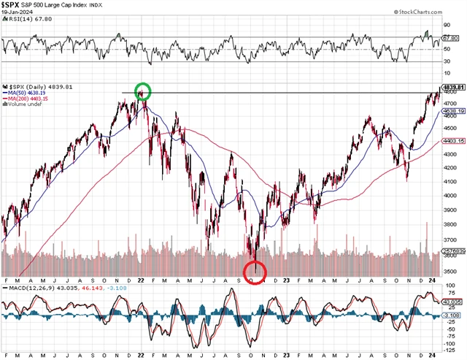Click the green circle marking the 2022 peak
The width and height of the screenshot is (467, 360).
pyautogui.click(x=143, y=92)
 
